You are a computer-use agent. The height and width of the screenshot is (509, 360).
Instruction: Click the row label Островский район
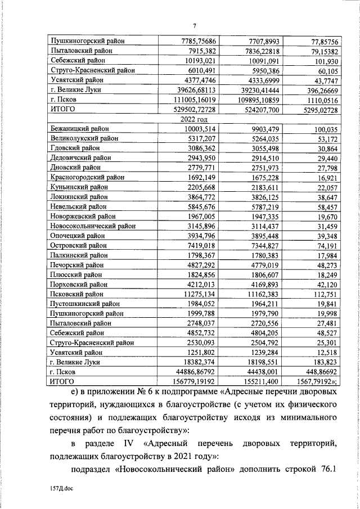coord(78,245)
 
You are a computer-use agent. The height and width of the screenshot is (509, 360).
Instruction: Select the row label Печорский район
coord(78,264)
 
